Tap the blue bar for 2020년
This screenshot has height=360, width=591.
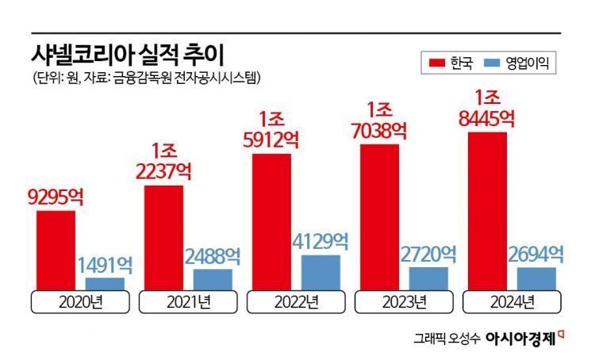(x=105, y=283)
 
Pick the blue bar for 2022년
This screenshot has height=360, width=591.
(x=320, y=272)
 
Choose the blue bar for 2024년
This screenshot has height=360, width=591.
(x=536, y=278)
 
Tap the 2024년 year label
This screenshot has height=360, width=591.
(x=511, y=302)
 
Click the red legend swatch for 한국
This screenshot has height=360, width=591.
(x=436, y=62)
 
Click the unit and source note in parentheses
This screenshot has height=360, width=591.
(x=147, y=78)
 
